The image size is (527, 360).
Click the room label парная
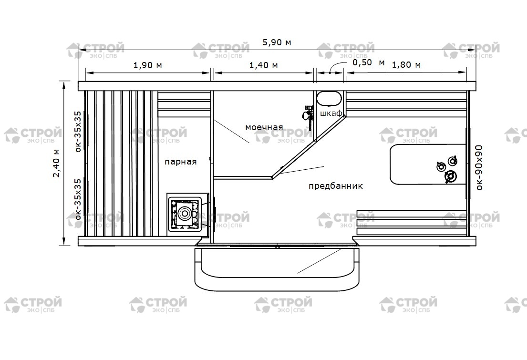point(180,162)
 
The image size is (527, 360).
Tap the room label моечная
point(264,127)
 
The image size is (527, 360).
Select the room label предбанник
point(336,186)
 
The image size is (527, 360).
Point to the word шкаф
point(331,113)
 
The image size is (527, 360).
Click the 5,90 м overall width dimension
point(277,42)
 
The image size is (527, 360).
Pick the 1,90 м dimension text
point(147,65)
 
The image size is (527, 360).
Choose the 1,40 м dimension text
point(263,65)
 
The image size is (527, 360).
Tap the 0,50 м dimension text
point(368,62)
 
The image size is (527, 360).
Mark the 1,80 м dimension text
point(406,64)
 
